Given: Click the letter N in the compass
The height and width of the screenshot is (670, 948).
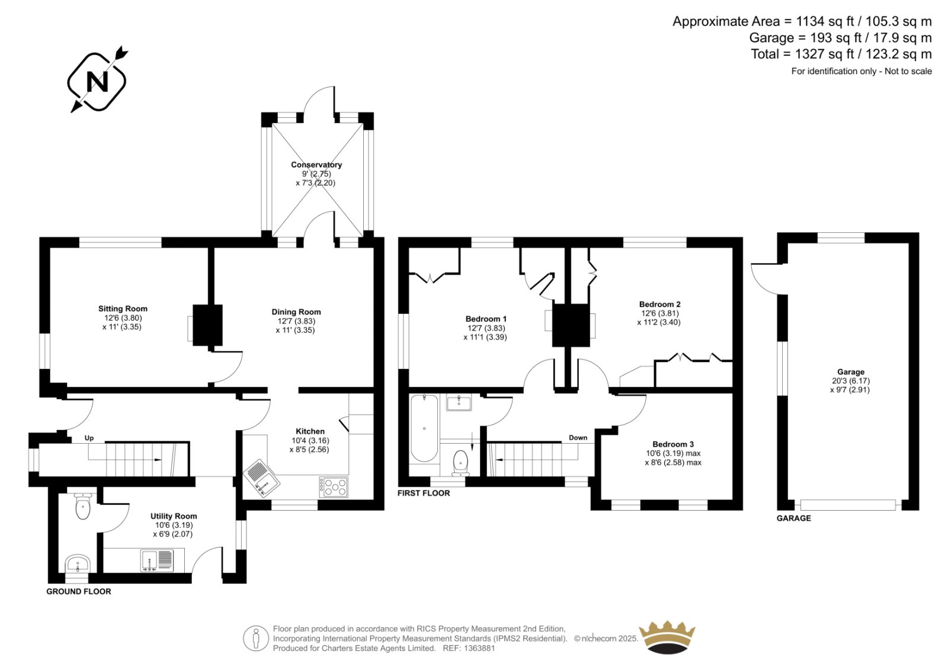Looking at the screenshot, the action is coord(97,82).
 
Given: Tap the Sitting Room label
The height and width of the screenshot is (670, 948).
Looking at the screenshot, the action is coord(123,309).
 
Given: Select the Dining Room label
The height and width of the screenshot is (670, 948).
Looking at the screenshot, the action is coord(296,312).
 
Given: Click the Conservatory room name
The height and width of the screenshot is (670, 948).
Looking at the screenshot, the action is coord(316,165).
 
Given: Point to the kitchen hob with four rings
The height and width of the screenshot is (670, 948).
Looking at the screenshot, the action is coord(334,487).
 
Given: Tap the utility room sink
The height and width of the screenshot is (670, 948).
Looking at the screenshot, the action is coord(156,560).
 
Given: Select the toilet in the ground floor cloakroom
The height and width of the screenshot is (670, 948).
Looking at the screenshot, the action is coord(82,506).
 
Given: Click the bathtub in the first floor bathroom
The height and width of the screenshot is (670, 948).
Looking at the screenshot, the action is coord(424,428).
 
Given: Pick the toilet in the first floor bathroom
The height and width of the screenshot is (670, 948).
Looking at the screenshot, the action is coord(460,463).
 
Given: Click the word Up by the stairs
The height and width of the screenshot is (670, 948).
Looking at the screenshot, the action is coord(89,438).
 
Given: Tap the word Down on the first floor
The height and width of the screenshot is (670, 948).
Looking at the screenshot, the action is coord(578,438).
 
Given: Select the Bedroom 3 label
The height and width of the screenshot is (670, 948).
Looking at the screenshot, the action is coord(673,444).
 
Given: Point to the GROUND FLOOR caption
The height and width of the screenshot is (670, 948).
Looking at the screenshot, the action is coord(79,591).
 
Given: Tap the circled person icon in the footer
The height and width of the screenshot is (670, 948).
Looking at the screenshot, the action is coord(255,638).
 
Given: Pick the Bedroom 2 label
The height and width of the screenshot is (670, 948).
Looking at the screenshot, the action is coord(660,304).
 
